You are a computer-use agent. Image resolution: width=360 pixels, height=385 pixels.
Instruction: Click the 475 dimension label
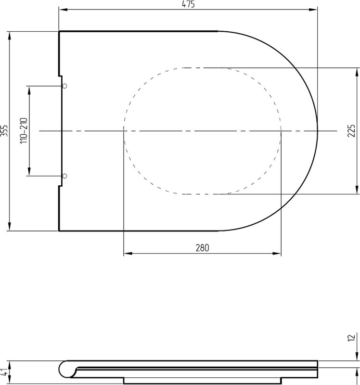pos(188,4)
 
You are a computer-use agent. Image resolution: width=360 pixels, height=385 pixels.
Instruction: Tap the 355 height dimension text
pos(4,131)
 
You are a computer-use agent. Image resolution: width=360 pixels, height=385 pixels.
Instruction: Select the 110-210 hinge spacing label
pos(24,130)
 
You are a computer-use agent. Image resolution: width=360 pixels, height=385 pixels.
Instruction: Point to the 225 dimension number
pos(351,130)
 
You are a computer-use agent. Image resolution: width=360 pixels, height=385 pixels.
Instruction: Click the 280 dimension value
pos(202,248)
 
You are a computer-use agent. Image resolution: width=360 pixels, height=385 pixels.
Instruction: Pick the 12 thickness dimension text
pos(352,337)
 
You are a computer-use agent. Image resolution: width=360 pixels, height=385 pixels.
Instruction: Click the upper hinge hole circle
pos(64,86)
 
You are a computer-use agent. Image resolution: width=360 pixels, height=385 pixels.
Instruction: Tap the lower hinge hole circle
pos(64,176)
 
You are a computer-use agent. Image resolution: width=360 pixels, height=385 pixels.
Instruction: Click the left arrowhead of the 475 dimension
pos(63,10)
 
